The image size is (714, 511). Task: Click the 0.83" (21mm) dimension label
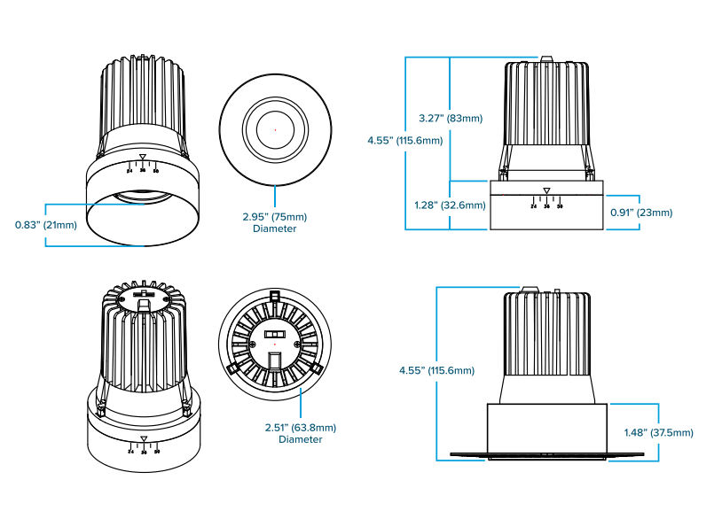click(46, 224)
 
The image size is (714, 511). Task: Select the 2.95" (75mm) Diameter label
click(275, 222)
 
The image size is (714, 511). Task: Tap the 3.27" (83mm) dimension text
click(451, 118)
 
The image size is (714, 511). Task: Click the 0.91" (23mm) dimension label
click(641, 213)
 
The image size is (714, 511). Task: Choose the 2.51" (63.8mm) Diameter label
click(301, 433)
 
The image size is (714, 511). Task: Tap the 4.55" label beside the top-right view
click(405, 140)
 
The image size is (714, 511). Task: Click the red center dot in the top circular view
click(275, 130)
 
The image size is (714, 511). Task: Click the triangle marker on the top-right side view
click(546, 190)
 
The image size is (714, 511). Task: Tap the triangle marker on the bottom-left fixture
click(144, 438)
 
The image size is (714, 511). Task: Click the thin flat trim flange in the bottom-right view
click(546, 455)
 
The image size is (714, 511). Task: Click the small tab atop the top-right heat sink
click(546, 60)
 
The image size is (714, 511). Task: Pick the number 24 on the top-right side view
click(534, 205)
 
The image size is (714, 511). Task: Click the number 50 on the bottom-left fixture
click(157, 452)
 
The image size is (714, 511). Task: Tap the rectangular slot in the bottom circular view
click(275, 360)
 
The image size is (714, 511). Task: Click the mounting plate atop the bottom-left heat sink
click(144, 298)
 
